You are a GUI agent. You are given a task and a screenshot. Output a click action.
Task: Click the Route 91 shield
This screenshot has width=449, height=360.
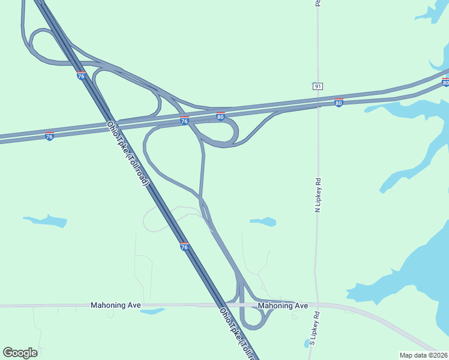(x=317, y=86)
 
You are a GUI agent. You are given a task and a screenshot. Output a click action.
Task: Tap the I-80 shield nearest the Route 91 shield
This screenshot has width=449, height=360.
(x=339, y=103)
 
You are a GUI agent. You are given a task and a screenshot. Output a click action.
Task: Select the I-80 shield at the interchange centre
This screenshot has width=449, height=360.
(x=221, y=116)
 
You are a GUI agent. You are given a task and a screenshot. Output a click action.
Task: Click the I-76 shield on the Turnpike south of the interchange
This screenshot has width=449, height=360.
(x=184, y=246)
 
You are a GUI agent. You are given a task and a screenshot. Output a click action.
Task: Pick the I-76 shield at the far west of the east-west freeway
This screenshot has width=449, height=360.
(x=49, y=136)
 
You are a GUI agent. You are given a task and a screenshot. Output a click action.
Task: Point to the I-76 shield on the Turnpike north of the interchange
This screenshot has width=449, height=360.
(x=81, y=76)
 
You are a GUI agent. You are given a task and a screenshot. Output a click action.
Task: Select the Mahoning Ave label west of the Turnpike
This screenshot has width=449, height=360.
(x=116, y=305)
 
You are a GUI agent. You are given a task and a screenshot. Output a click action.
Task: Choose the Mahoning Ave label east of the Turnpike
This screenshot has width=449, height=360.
(x=283, y=306)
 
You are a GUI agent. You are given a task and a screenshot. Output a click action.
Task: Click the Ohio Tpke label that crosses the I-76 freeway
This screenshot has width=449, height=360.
(x=127, y=153)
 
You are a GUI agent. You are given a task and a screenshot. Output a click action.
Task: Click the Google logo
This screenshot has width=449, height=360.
(x=20, y=353)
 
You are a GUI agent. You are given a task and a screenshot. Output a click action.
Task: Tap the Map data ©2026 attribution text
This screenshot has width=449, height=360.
(x=423, y=355)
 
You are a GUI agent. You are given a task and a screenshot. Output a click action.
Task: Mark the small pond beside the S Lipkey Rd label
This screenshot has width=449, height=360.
(x=307, y=344)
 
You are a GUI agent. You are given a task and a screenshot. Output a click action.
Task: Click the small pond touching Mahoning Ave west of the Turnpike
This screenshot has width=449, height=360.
(x=152, y=311)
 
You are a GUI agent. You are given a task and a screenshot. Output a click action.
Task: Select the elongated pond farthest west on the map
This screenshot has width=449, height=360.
(x=46, y=221)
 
